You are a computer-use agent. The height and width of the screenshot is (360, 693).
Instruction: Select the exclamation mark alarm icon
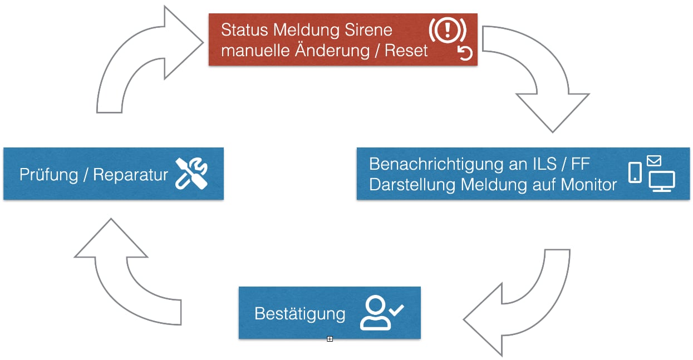446,31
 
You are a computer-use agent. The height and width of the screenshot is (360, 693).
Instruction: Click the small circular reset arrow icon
465,53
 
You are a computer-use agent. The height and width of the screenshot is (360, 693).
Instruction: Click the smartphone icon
635,172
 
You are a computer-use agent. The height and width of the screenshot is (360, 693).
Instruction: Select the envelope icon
654,161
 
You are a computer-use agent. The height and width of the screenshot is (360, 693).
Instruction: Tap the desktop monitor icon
661,181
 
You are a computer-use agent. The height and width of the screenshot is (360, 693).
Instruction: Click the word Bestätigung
299,313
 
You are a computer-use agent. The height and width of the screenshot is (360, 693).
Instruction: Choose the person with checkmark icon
381,313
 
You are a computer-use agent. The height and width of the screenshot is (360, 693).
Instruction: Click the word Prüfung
48,175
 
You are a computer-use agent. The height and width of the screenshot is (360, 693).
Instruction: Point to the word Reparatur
130,175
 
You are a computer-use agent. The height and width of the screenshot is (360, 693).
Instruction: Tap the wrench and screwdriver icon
191,173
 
